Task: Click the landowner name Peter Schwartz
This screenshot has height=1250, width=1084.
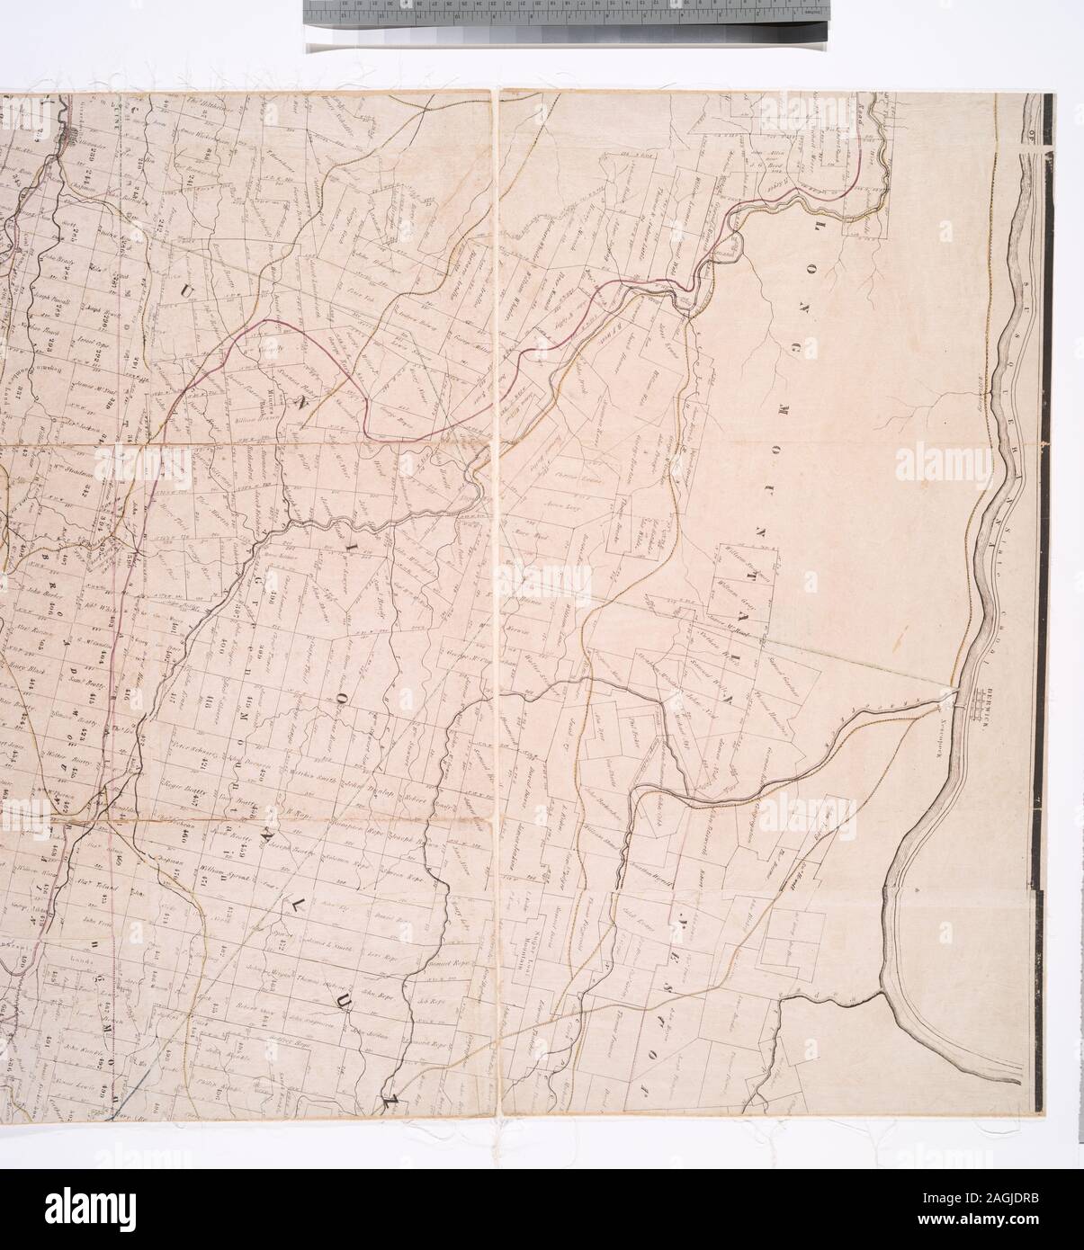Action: coord(186,749)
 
